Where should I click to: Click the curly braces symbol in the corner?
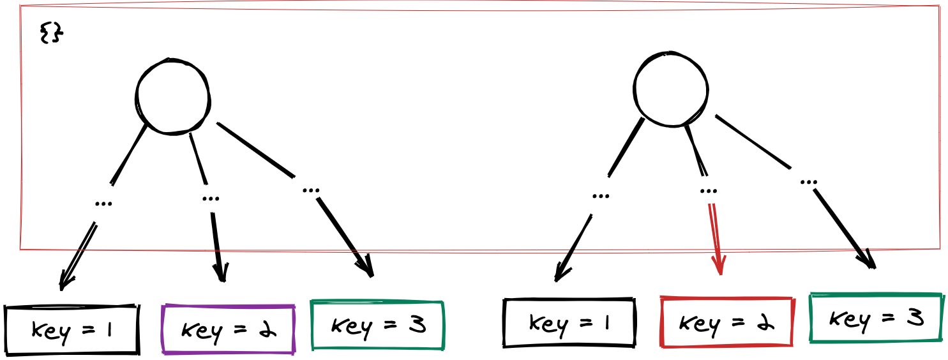tap(50, 33)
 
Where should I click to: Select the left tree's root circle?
tap(173, 96)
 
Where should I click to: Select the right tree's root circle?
tap(670, 89)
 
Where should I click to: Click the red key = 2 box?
tap(726, 322)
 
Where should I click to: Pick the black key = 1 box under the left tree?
tap(71, 329)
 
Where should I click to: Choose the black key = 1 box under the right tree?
tap(569, 322)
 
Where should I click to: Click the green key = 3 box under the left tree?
tap(377, 325)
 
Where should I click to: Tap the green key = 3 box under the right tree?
tap(876, 317)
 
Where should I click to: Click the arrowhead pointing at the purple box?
tap(222, 274)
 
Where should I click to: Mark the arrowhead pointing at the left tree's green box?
tap(367, 270)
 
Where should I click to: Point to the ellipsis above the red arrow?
tap(708, 190)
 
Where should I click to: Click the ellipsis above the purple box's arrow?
tap(210, 198)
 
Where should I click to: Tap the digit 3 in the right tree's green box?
tap(914, 317)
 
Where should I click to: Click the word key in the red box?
tap(696, 323)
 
